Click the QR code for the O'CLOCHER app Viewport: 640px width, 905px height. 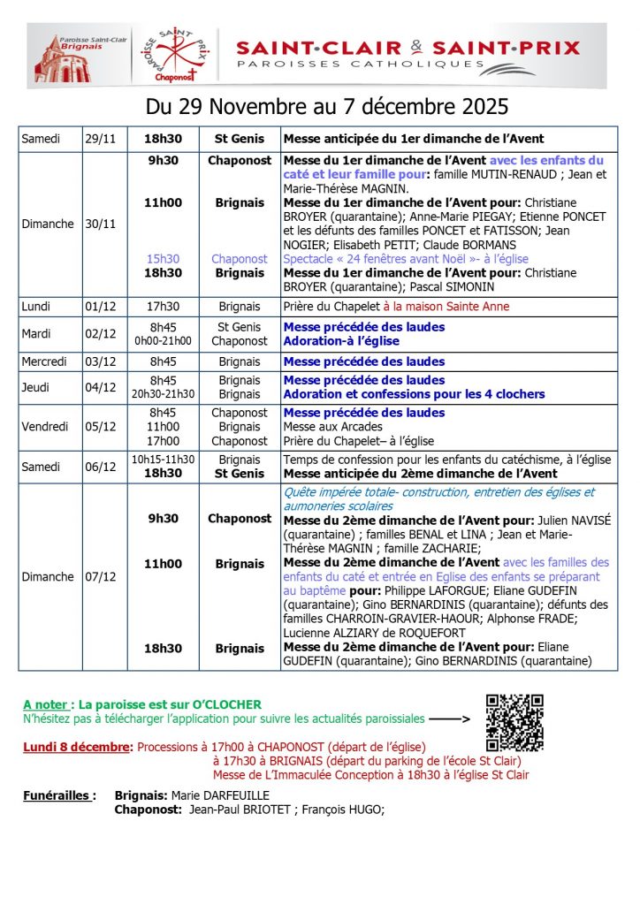click(514, 723)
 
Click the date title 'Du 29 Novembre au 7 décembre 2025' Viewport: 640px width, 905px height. click(326, 107)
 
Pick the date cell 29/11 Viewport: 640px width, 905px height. click(99, 139)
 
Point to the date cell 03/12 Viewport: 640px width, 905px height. click(99, 361)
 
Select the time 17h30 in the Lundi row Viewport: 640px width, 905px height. click(164, 307)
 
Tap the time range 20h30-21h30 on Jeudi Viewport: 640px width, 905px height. click(164, 394)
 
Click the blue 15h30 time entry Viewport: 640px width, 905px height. click(164, 259)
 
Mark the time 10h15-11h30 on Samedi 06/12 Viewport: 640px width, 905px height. click(164, 460)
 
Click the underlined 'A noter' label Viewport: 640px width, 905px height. click(45, 704)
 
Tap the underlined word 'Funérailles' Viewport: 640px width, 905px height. click(57, 795)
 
